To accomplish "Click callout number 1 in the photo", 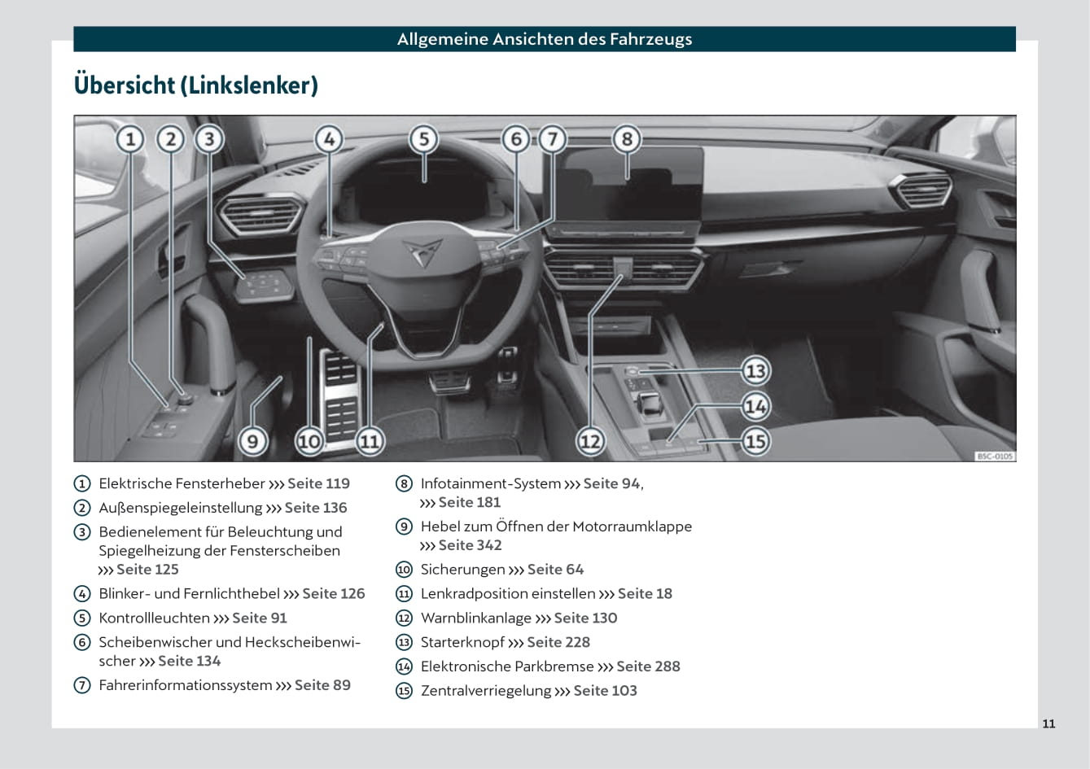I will pyautogui.click(x=130, y=139).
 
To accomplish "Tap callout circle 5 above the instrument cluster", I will pyautogui.click(x=423, y=139).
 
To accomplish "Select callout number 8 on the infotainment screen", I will pyautogui.click(x=626, y=139).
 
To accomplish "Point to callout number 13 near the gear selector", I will pyautogui.click(x=755, y=371).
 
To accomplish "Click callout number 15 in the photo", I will pyautogui.click(x=755, y=441).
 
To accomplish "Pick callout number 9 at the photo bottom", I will pyautogui.click(x=252, y=441).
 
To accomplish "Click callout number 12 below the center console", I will pyautogui.click(x=590, y=441).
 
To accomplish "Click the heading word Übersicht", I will pyautogui.click(x=124, y=85).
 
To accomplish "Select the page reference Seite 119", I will pyautogui.click(x=318, y=483).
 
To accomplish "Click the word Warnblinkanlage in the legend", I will pyautogui.click(x=475, y=618).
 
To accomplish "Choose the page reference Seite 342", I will pyautogui.click(x=470, y=545).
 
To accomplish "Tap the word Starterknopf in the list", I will pyautogui.click(x=462, y=642).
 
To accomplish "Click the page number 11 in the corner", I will pyautogui.click(x=1048, y=723).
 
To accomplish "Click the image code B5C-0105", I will pyautogui.click(x=995, y=457).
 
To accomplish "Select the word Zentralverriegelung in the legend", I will pyautogui.click(x=485, y=691).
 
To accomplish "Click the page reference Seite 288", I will pyautogui.click(x=648, y=666).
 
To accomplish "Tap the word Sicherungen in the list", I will pyautogui.click(x=462, y=570).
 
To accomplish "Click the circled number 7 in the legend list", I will pyautogui.click(x=82, y=685).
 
